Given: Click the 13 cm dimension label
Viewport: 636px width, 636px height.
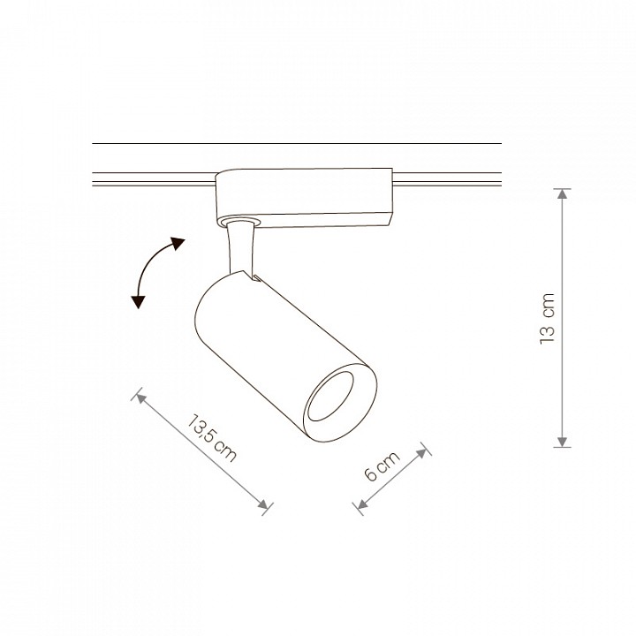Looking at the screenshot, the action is [547, 318].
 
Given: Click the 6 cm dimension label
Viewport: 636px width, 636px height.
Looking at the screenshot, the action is [382, 466].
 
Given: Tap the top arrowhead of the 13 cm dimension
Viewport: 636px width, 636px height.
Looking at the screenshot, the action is [562, 193].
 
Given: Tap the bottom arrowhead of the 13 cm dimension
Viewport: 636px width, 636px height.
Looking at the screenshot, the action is [562, 442].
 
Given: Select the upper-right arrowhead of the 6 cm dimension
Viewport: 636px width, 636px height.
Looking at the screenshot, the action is [422, 452].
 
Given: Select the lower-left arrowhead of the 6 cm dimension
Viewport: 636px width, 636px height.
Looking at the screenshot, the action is [361, 504].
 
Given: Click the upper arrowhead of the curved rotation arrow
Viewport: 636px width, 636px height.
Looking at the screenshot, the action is [178, 243].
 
